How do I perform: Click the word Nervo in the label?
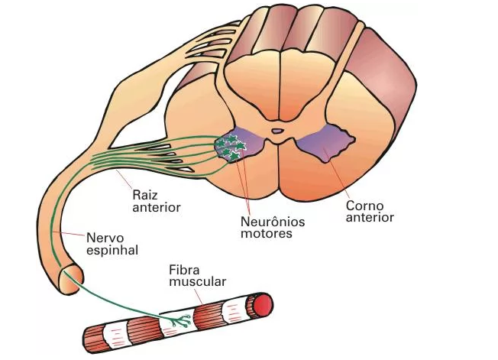[102, 237]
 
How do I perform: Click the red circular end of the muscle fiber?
[263, 305]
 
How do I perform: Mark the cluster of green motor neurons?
[229, 147]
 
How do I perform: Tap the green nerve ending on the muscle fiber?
[178, 319]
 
